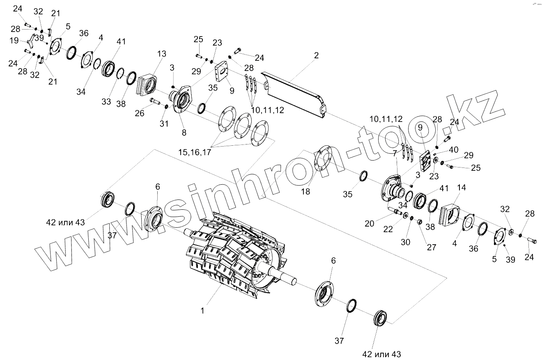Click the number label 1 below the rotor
[202, 310]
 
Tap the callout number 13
[161, 54]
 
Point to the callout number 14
[461, 188]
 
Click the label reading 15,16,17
[194, 153]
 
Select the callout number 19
[14, 41]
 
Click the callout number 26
[140, 113]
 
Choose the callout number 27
[431, 247]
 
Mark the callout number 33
[106, 101]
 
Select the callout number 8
[184, 132]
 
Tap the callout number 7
[395, 153]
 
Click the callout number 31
[164, 124]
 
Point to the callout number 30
[405, 242]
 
